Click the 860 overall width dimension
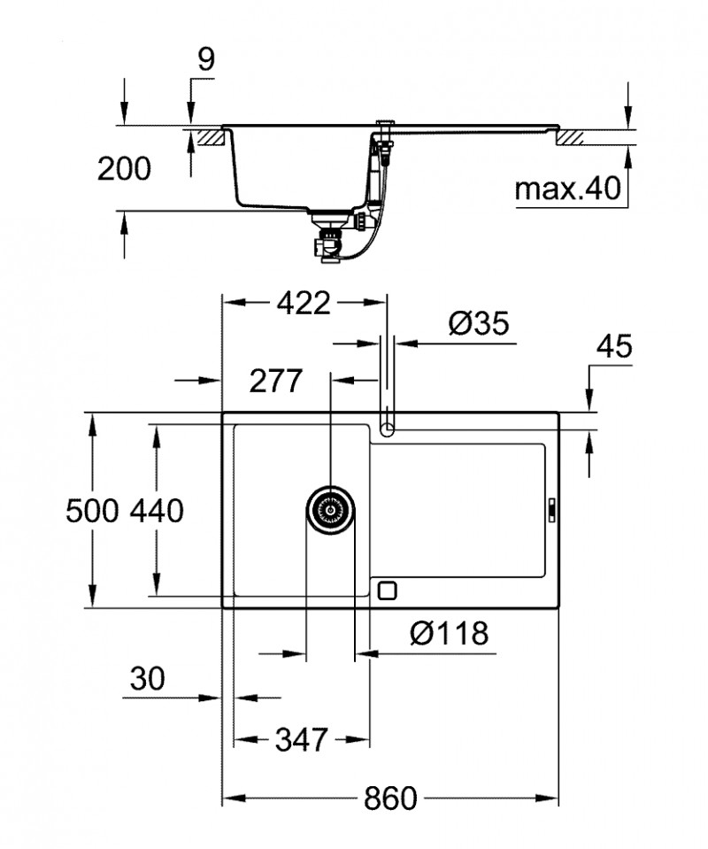[x=389, y=799]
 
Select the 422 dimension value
[x=303, y=304]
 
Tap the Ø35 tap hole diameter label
[x=478, y=325]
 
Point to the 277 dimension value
[x=275, y=382]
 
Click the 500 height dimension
[x=93, y=511]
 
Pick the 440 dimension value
[x=157, y=511]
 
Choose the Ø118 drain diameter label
[x=450, y=634]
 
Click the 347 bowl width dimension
[x=301, y=737]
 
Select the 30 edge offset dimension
[x=147, y=679]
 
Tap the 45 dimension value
[x=614, y=347]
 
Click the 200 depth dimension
[x=124, y=169]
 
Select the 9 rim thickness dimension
[x=205, y=59]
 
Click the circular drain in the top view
[x=331, y=511]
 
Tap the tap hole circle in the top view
[x=387, y=430]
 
